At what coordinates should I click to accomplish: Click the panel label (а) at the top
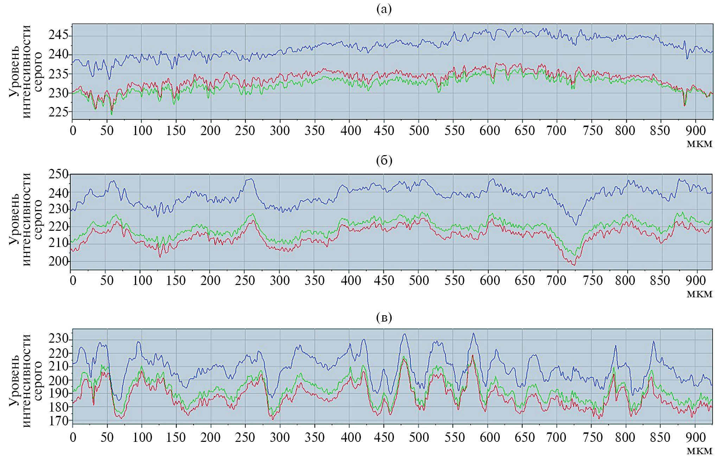point(384,9)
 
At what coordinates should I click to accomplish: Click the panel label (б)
point(384,160)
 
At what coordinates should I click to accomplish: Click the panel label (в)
point(384,318)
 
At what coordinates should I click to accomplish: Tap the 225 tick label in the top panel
point(58,112)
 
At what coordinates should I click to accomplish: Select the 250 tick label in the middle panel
point(58,174)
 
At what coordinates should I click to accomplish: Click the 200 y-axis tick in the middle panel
point(58,261)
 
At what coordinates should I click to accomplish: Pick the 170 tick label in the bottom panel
point(58,420)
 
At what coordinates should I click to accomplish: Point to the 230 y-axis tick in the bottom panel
point(58,339)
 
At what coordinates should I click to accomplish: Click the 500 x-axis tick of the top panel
point(419,131)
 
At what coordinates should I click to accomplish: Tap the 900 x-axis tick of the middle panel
point(695,281)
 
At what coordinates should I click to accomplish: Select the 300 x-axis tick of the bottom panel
point(280,437)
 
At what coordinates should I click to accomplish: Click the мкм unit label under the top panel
point(699,144)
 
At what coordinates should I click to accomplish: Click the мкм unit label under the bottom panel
point(699,451)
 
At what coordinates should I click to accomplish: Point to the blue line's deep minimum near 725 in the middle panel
point(576,224)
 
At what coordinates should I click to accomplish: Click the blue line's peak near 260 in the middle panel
point(250,179)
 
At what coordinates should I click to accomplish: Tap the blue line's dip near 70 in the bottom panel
point(119,400)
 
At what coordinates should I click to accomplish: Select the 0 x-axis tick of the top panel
point(73,131)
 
